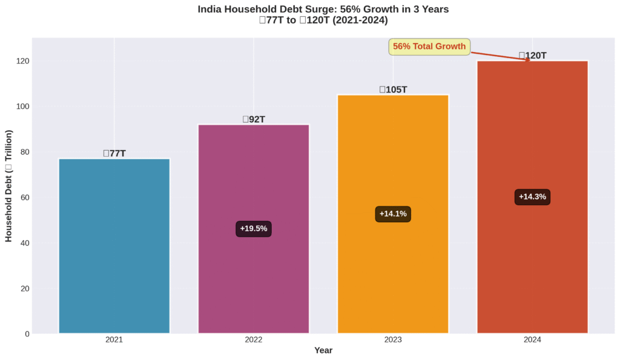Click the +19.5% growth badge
[254, 229]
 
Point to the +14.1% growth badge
[393, 214]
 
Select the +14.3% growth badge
[532, 197]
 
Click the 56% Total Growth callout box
[429, 47]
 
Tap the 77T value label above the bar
[114, 153]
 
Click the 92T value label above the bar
[254, 119]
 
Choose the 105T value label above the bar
[393, 90]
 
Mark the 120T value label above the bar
[532, 56]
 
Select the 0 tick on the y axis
[27, 334]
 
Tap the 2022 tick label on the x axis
[254, 340]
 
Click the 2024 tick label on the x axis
[532, 340]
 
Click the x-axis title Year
[323, 350]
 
